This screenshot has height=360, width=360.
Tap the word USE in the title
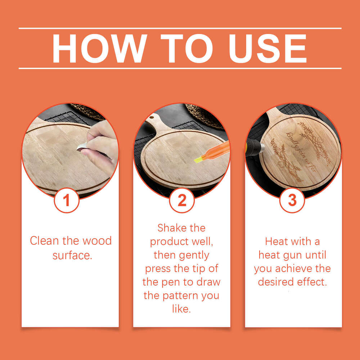(x=268, y=49)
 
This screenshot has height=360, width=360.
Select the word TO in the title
(x=186, y=49)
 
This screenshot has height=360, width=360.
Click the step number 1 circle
(x=67, y=200)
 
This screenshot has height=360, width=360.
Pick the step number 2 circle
(x=182, y=200)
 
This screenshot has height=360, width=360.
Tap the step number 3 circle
(x=292, y=200)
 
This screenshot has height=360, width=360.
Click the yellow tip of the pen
(x=198, y=159)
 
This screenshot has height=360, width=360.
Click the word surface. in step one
(x=72, y=256)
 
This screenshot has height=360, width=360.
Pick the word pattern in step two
(x=180, y=296)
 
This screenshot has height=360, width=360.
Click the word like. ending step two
(x=181, y=309)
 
